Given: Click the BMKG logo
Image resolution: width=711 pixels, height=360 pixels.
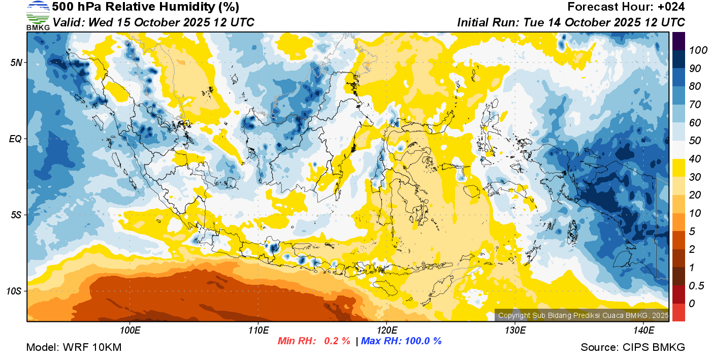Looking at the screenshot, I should click(x=38, y=15).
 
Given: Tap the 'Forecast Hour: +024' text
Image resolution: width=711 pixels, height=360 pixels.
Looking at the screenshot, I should click(x=626, y=7).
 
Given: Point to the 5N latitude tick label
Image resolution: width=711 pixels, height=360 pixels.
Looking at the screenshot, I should click(x=16, y=62).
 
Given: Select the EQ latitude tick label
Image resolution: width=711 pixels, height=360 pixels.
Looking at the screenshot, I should click(x=16, y=139).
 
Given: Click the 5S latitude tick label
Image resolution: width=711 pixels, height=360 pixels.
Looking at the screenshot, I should click(x=16, y=215).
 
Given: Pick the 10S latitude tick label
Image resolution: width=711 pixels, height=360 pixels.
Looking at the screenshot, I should click(x=14, y=291).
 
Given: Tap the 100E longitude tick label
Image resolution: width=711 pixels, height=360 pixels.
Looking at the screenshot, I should click(x=130, y=331).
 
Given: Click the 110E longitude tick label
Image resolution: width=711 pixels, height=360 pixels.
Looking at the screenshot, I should click(x=258, y=331).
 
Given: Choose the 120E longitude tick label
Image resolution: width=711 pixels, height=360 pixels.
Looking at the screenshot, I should click(x=386, y=331).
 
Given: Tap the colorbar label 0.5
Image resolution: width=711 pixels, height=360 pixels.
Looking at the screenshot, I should click(x=695, y=285).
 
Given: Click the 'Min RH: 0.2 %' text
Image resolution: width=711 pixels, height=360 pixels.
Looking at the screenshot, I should click(x=314, y=341).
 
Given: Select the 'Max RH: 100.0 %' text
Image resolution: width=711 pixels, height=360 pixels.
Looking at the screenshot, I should click(x=401, y=341).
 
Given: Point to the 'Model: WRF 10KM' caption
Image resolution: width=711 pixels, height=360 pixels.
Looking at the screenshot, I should click(x=74, y=347).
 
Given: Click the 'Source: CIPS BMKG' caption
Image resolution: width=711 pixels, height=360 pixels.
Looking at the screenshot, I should click(x=633, y=347).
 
